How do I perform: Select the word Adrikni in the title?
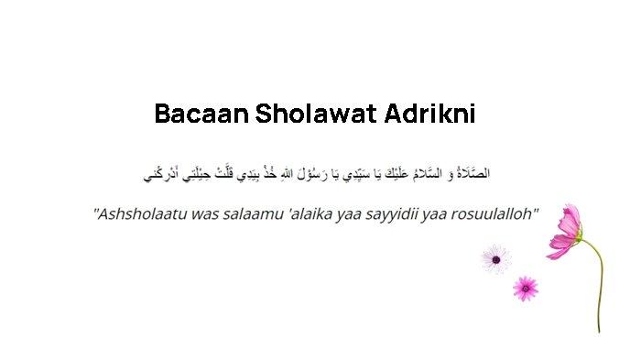(x=436, y=115)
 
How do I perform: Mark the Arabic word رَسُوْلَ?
(x=312, y=172)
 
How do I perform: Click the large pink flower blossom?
(x=568, y=229)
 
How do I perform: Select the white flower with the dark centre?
(x=494, y=258)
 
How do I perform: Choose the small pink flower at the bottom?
(x=525, y=288)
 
